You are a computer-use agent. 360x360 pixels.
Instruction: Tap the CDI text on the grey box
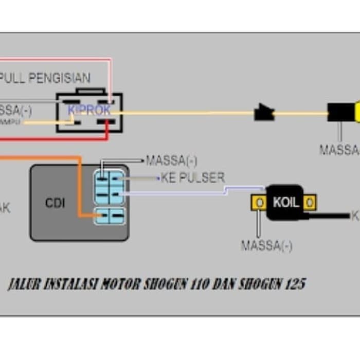(55, 203)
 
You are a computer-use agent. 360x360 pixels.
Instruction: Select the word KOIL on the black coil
(285, 202)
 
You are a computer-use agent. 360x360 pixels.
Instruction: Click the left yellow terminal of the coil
(260, 202)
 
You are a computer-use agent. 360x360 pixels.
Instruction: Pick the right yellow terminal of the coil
(309, 203)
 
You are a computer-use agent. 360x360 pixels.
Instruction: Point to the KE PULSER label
(193, 178)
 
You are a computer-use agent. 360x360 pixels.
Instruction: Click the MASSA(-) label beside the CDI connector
(171, 160)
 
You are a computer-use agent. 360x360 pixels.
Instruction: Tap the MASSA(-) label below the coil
(266, 246)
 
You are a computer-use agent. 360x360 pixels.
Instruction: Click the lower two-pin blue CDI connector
(110, 216)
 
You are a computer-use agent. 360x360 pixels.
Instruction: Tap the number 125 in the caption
(295, 284)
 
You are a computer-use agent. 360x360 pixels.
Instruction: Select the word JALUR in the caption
(24, 284)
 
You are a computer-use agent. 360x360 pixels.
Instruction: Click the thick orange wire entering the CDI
(80, 185)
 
